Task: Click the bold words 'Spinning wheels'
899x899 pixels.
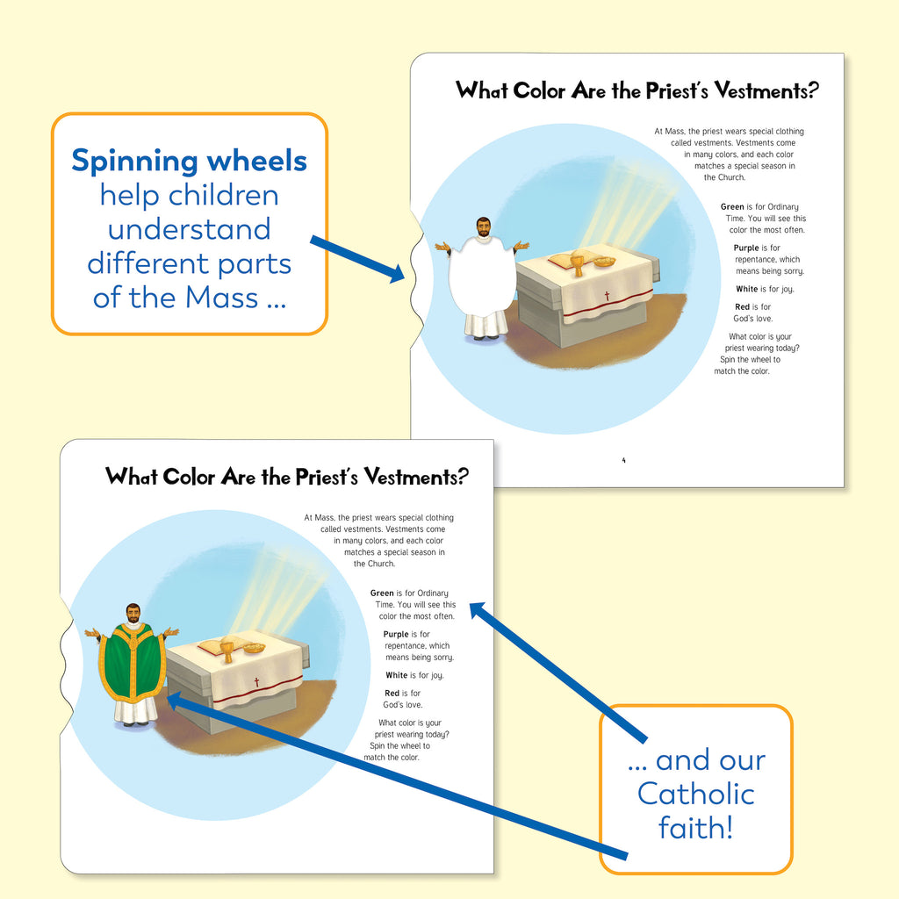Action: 189,161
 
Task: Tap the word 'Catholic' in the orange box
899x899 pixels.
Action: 695,794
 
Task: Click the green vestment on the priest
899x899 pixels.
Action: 132,662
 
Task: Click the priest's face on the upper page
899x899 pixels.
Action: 484,227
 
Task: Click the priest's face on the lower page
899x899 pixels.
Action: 133,613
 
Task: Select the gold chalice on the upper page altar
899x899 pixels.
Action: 577,265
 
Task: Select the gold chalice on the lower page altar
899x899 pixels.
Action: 227,651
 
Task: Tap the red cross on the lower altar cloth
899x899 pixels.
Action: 257,682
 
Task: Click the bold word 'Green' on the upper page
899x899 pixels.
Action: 732,207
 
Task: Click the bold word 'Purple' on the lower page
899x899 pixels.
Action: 396,634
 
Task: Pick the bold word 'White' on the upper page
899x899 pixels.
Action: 747,289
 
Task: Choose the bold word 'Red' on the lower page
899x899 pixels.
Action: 392,694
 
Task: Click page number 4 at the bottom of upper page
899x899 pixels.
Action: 624,460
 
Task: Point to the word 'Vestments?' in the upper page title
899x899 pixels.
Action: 773,90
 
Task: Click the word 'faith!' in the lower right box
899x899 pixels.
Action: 695,828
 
